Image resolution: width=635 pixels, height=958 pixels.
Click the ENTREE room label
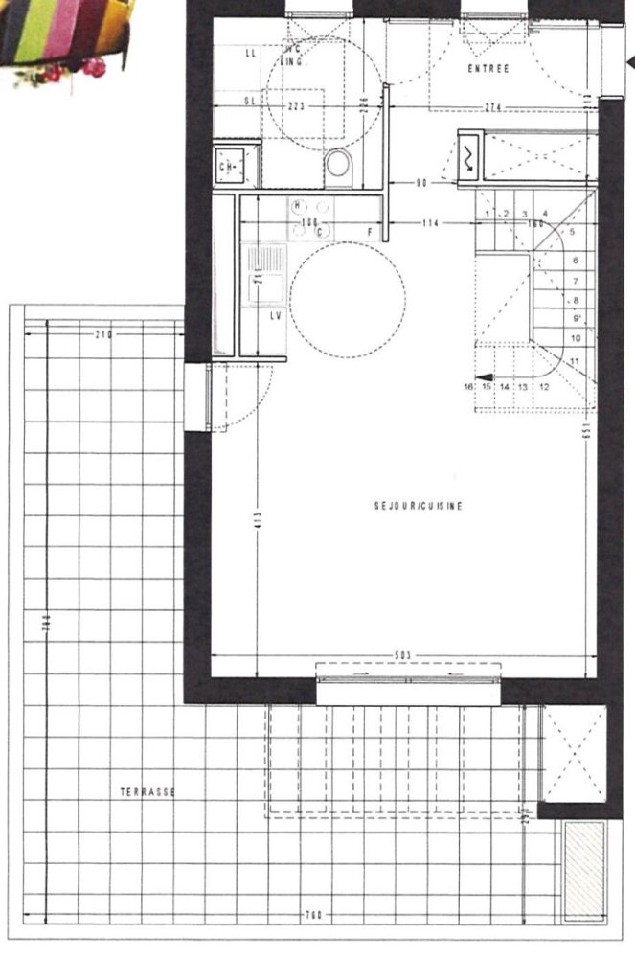pyautogui.click(x=488, y=69)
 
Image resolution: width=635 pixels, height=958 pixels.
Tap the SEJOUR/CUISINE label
pyautogui.click(x=418, y=506)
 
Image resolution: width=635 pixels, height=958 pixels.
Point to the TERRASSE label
pyautogui.click(x=147, y=792)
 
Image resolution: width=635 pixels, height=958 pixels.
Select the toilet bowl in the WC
pyautogui.click(x=338, y=166)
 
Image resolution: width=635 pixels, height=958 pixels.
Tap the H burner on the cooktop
pyautogui.click(x=298, y=205)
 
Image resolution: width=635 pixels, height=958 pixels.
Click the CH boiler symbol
pyautogui.click(x=230, y=168)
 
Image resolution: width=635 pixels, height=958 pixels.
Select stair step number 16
pyautogui.click(x=468, y=387)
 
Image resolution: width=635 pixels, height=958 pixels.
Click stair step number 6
pyautogui.click(x=576, y=260)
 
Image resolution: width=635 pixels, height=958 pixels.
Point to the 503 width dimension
pyautogui.click(x=403, y=655)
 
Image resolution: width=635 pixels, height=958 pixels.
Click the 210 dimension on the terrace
pyautogui.click(x=104, y=334)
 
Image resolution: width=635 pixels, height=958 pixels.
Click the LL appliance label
pyautogui.click(x=251, y=54)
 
